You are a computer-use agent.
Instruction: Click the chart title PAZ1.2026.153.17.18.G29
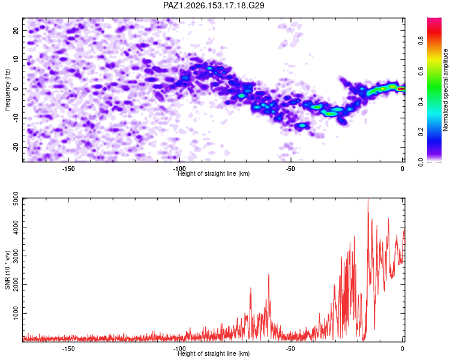214,5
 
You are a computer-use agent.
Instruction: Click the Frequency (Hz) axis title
7,90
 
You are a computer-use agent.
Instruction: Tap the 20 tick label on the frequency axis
16,31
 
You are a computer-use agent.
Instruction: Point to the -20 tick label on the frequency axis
16,148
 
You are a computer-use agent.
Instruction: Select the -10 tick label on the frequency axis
16,118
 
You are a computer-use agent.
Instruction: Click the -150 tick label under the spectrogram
68,169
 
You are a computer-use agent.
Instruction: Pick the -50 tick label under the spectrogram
291,169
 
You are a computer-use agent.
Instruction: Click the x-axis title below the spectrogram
214,173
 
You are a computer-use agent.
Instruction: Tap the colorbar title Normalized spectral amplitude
445,90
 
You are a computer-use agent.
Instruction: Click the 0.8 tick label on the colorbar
421,40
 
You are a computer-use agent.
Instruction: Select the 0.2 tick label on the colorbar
421,132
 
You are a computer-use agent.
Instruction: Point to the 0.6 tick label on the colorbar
421,71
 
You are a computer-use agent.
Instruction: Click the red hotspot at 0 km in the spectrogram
401,89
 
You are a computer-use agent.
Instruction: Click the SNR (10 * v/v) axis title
7,270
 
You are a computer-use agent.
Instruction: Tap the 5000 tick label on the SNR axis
16,199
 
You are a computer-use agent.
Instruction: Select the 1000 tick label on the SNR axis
16,313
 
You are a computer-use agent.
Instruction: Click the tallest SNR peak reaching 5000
368,199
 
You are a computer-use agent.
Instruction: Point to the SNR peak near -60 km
269,275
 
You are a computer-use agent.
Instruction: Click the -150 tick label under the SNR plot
68,349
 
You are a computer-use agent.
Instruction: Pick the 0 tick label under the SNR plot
403,349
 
